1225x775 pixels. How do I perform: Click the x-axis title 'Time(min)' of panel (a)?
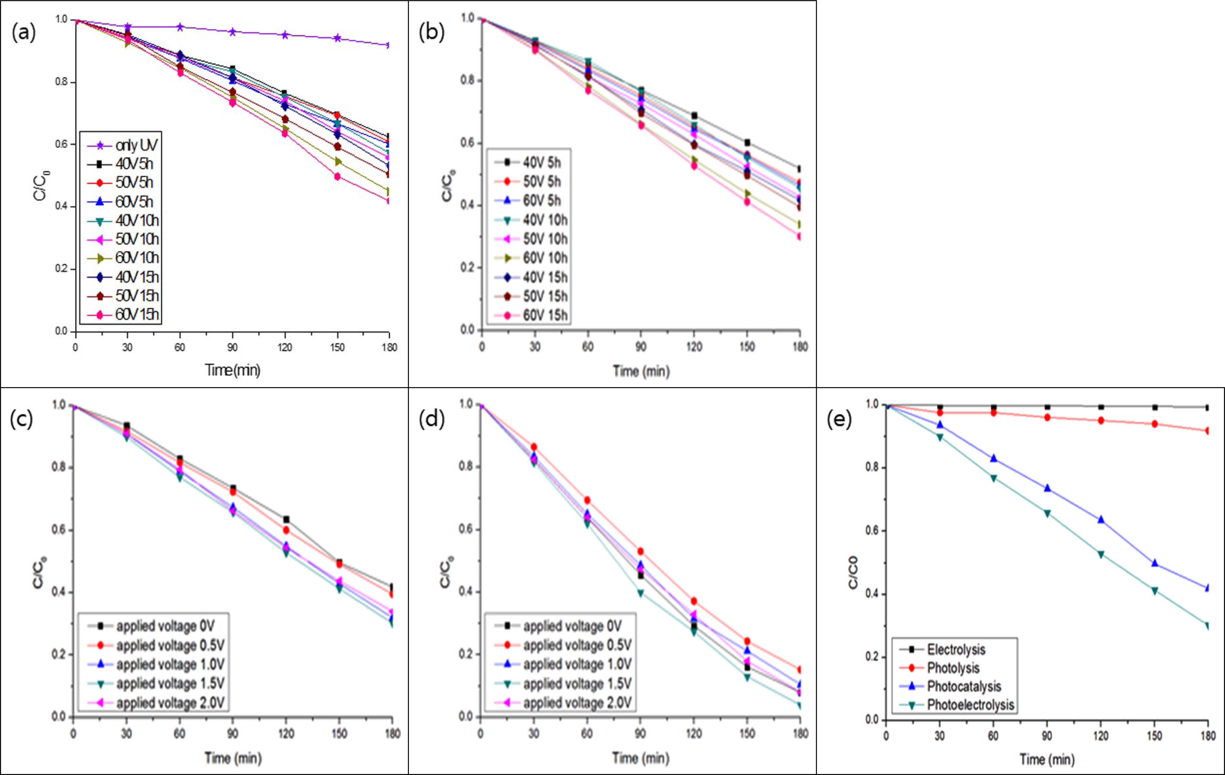(x=233, y=370)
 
